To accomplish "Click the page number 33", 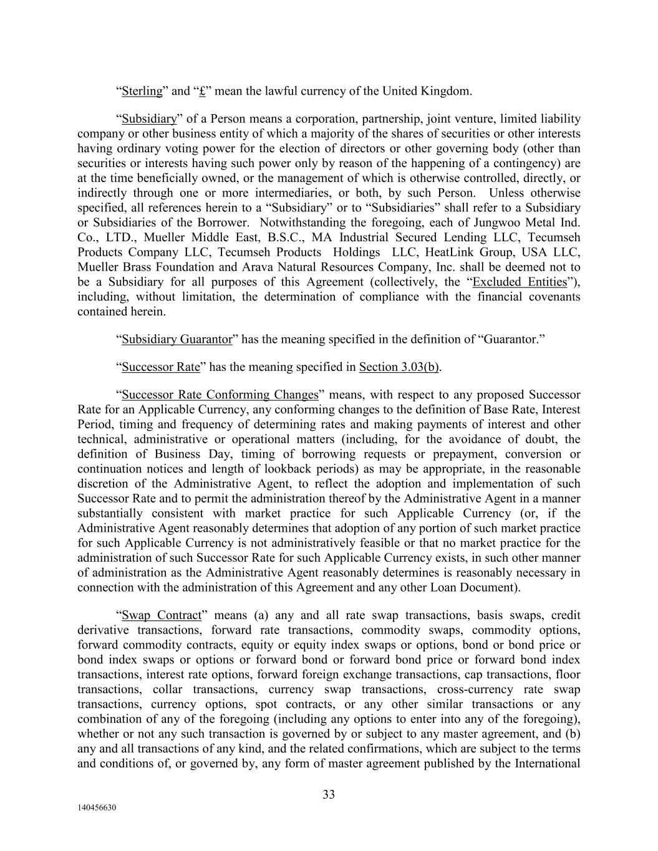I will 329,794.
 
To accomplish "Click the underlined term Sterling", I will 142,91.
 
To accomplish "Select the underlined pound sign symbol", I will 202,91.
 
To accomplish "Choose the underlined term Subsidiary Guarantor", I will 177,339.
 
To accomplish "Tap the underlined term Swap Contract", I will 162,615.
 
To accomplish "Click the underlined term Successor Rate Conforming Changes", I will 220,395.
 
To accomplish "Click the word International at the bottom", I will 548,763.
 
